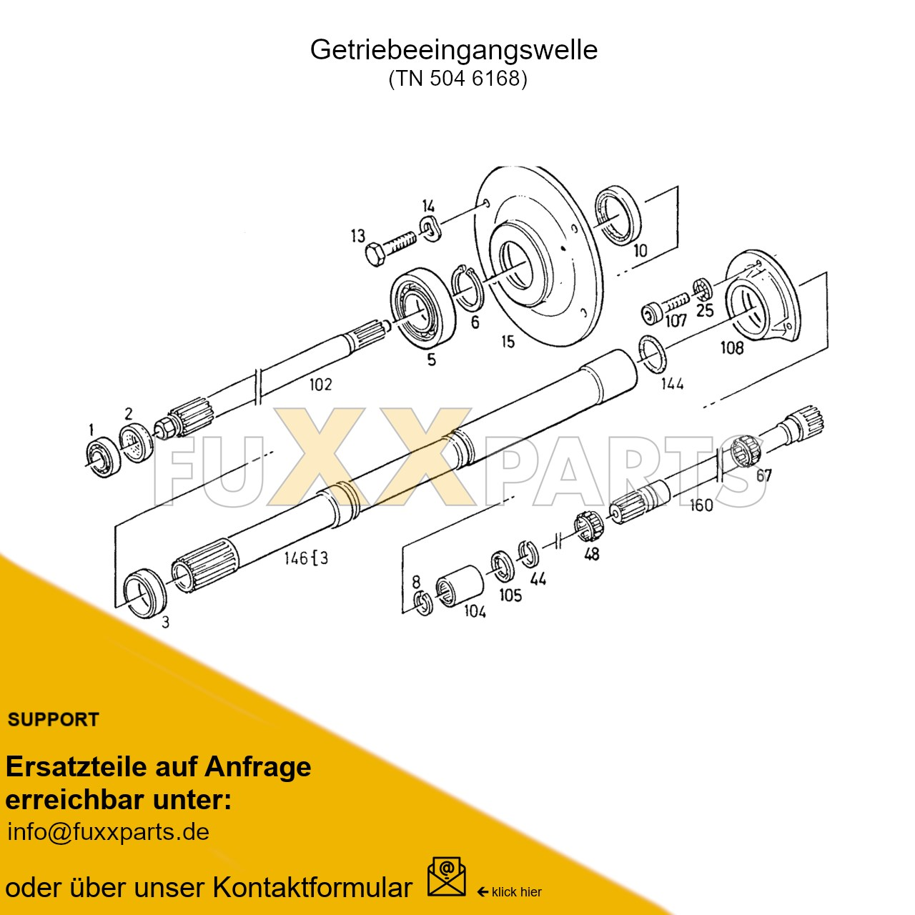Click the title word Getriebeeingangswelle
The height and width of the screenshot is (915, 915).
tap(453, 50)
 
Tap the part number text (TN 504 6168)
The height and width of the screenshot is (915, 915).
tap(457, 78)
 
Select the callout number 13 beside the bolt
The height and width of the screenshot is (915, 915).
tap(357, 236)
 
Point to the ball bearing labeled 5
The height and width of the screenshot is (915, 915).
tap(423, 309)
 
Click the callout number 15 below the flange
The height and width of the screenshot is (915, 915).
tap(508, 342)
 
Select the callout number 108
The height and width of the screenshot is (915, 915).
tap(732, 348)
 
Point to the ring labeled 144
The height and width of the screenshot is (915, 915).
tap(651, 354)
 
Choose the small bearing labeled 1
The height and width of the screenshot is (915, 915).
tap(102, 456)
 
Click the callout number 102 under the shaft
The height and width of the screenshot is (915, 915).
tap(320, 385)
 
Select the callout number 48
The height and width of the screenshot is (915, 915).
tap(592, 554)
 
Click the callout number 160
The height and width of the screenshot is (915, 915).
tap(701, 505)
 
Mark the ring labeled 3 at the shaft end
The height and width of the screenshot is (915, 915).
tap(144, 593)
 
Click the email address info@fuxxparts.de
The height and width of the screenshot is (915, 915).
tap(108, 832)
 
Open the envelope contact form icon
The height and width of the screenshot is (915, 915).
tap(446, 877)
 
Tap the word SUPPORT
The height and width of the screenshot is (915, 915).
tap(54, 720)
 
